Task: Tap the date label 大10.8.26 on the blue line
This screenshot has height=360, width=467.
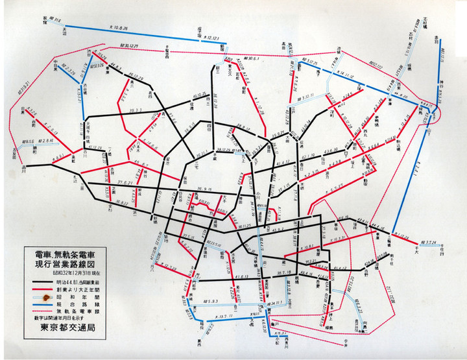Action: [x=119, y=29]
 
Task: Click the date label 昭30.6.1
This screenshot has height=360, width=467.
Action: [x=250, y=59]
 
